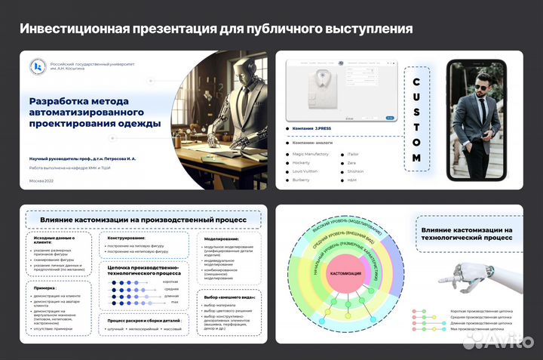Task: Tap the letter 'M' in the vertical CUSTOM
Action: (x=416, y=157)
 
